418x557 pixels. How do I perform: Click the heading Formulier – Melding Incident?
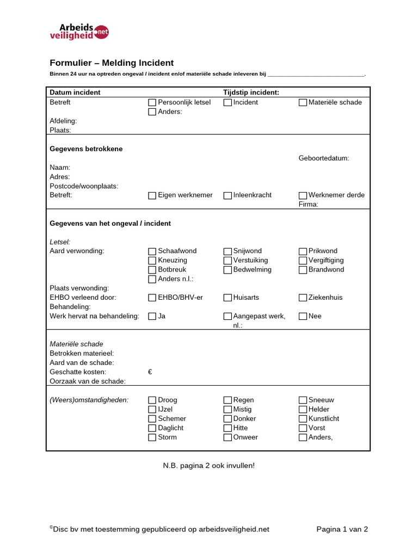coord(112,63)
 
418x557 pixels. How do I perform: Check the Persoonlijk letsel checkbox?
coord(152,102)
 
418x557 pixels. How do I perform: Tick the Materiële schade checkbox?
coord(303,102)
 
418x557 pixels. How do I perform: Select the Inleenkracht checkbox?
coord(228,195)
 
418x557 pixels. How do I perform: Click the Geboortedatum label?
coord(324,158)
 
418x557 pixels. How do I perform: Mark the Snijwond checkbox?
coord(228,251)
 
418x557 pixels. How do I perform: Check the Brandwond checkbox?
coord(303,270)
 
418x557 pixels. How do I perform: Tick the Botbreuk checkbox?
coord(152,270)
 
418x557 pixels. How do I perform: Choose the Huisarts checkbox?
coord(228,298)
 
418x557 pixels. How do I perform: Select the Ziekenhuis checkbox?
coord(303,298)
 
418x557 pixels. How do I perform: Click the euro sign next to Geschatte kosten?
coord(150,372)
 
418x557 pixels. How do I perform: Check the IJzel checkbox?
coord(152,410)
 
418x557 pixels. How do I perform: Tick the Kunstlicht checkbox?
coord(303,419)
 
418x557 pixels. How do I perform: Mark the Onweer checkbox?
coord(228,437)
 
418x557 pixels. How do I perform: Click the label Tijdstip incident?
coord(251,92)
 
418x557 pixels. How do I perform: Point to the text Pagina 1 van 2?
coord(342,529)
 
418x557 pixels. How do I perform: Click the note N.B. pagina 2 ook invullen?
coord(208,466)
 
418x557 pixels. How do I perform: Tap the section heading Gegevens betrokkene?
coord(86,148)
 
